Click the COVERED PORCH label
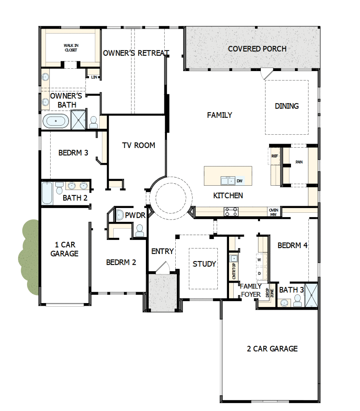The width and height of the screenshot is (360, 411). pyautogui.click(x=257, y=49)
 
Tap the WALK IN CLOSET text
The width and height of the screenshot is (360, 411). pyautogui.click(x=71, y=48)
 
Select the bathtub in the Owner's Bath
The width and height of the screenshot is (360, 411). pyautogui.click(x=55, y=121)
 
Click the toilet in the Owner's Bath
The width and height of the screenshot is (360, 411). pyautogui.click(x=94, y=122)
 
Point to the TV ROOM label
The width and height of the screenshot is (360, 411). pyautogui.click(x=138, y=146)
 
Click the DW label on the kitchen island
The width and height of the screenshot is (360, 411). pyautogui.click(x=239, y=181)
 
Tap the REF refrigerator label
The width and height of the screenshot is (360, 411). pyautogui.click(x=275, y=156)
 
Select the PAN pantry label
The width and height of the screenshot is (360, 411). pyautogui.click(x=299, y=162)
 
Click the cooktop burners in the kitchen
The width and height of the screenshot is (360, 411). pyautogui.click(x=231, y=212)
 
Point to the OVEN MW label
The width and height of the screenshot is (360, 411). pyautogui.click(x=273, y=212)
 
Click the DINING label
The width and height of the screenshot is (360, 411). pyautogui.click(x=287, y=106)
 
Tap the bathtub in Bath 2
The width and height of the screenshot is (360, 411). pyautogui.click(x=47, y=193)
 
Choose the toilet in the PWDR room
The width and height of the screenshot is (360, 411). pyautogui.click(x=140, y=230)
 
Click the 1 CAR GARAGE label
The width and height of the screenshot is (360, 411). pyautogui.click(x=64, y=249)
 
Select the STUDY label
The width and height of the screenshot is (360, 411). pyautogui.click(x=204, y=264)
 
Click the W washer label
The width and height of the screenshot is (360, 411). pyautogui.click(x=259, y=260)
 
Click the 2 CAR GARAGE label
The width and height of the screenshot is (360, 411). pyautogui.click(x=272, y=349)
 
